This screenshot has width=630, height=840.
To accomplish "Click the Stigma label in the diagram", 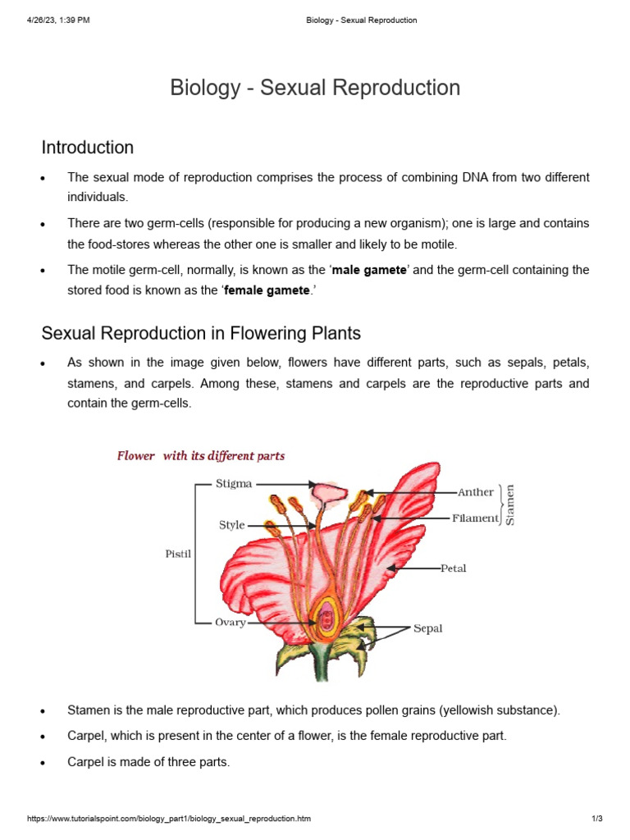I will tap(234, 484).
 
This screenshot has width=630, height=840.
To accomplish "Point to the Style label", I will tap(232, 525).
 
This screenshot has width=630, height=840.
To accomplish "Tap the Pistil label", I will tap(178, 555).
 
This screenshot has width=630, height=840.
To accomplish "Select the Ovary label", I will tap(231, 623).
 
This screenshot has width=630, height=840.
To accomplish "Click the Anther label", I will tap(476, 492).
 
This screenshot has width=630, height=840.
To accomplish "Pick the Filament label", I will tap(476, 518).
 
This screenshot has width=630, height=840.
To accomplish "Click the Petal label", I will tap(454, 568).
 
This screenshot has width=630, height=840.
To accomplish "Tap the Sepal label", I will tap(427, 628).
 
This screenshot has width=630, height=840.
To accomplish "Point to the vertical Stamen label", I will tap(510, 504).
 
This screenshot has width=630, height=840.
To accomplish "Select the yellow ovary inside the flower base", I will tap(327, 618).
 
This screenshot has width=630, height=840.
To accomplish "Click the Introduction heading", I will tap(88, 148).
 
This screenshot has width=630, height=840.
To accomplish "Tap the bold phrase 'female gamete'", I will tap(267, 290).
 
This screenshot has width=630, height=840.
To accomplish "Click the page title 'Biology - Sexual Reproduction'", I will tap(315, 88).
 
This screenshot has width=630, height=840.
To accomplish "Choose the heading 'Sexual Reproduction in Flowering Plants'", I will tap(201, 334).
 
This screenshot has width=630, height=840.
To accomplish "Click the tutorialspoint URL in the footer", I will tap(169, 819).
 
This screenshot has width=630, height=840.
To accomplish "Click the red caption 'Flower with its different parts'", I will tap(201, 456).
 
